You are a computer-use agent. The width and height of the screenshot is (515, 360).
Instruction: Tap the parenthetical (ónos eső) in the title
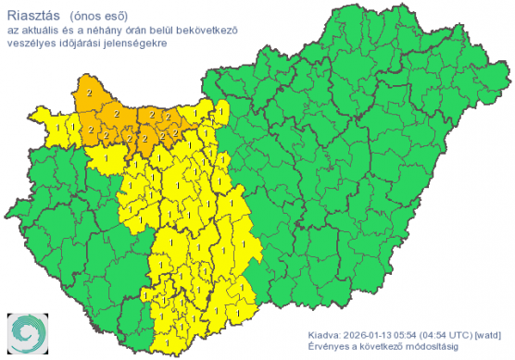point(101,14)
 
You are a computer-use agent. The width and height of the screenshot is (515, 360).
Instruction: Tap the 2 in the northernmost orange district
point(89,93)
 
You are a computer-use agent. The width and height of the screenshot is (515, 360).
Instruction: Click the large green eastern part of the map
point(371,167)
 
